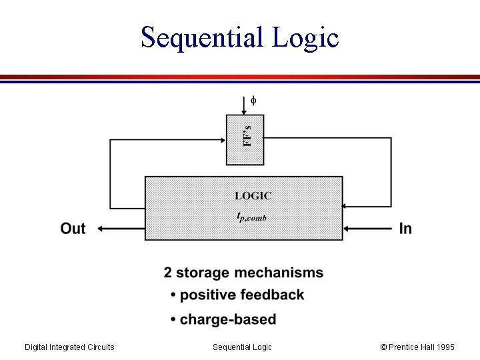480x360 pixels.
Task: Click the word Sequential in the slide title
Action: (x=202, y=37)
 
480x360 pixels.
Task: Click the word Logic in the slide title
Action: (x=305, y=39)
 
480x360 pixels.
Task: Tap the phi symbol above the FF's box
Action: (x=253, y=101)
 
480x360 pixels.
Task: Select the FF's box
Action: (x=245, y=139)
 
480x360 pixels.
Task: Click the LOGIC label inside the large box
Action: (x=253, y=196)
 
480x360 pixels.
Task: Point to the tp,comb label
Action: (x=252, y=216)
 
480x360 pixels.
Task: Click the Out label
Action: (x=73, y=229)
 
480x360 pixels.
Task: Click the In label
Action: (x=405, y=229)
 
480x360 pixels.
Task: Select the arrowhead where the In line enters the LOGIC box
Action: (x=347, y=229)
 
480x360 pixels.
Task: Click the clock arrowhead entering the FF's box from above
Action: (x=245, y=111)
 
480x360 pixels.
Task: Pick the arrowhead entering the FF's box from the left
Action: (x=222, y=139)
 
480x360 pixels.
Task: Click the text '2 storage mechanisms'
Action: (x=243, y=273)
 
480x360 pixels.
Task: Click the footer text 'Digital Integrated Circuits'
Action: (x=69, y=347)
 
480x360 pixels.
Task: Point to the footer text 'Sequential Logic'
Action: (x=242, y=347)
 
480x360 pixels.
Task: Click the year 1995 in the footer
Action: (x=444, y=347)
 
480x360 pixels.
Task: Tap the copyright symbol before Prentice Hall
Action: (x=383, y=347)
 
